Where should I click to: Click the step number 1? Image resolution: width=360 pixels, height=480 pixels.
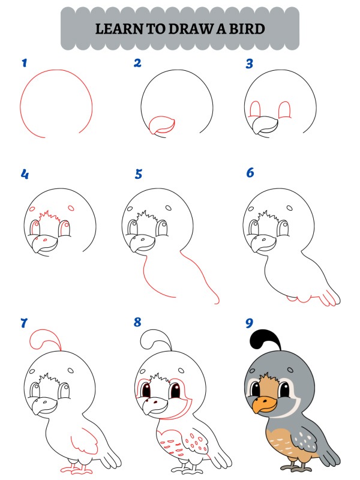tap(25, 62)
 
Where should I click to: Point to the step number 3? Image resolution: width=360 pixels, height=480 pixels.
tap(250, 63)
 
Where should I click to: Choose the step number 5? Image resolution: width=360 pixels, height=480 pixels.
tap(139, 174)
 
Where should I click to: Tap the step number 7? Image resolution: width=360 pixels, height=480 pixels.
tap(25, 323)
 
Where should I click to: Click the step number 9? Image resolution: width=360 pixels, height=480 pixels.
tap(250, 323)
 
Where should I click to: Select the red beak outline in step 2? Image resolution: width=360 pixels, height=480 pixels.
tap(161, 125)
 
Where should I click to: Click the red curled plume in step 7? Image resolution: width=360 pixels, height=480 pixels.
tap(43, 337)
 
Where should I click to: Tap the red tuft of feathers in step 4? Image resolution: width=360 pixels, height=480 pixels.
tap(49, 215)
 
